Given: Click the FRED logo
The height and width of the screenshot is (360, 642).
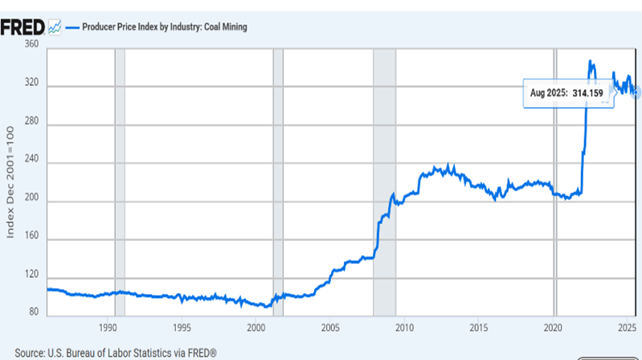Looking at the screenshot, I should tap(22, 27).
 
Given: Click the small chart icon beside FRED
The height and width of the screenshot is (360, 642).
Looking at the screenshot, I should tap(54, 27).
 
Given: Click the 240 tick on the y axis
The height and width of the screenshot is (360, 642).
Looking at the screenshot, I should tap(32, 163).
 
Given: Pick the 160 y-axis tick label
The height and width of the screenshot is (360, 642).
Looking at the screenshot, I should tap(32, 239).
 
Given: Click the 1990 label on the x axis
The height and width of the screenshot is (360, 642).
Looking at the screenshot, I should tap(108, 328).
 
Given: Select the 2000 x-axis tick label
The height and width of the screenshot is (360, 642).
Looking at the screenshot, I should tap(256, 328).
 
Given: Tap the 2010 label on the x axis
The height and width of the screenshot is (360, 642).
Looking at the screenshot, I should tap(404, 328).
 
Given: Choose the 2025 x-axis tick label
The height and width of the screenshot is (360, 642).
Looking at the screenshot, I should tap(628, 328).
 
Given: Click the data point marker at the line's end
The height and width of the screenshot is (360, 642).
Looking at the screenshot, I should tap(636, 92).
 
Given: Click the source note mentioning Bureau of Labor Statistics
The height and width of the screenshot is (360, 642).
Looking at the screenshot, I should tap(117, 352).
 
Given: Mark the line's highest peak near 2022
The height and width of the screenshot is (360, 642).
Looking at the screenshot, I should tap(590, 61).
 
